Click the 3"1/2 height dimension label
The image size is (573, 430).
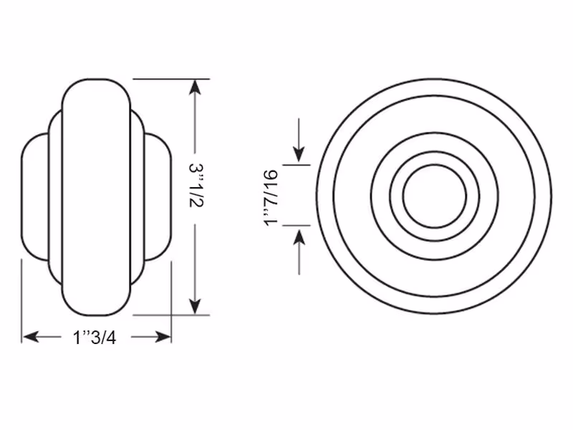[196, 185]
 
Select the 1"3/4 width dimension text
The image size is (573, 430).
[95, 337]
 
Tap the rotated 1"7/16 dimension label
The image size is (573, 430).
[271, 199]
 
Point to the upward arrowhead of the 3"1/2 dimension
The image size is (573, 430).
[195, 87]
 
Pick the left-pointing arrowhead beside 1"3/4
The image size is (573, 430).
[31, 336]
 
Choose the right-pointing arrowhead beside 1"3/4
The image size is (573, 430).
[163, 336]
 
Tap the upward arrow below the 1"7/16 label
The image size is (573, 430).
[299, 252]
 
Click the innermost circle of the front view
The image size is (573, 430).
[403, 196]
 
